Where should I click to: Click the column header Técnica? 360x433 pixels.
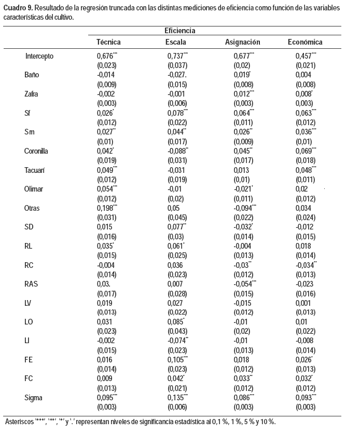click(109, 42)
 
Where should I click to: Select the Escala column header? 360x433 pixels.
click(175, 42)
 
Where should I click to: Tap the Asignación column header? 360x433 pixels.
click(242, 42)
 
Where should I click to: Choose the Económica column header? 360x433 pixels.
click(305, 42)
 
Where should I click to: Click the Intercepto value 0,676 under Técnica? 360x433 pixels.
click(106, 56)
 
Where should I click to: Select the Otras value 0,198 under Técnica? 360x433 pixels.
click(106, 208)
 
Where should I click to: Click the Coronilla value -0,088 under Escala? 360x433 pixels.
click(176, 152)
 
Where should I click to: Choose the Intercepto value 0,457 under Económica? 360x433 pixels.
click(304, 56)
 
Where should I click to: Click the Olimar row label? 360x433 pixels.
click(34, 190)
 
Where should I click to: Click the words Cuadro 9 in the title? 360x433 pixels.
click(17, 8)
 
